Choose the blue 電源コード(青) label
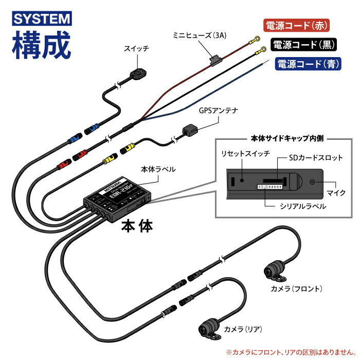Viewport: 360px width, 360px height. (308, 64)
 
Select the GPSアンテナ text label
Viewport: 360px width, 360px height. (218, 110)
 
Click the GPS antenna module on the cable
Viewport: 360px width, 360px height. (189, 130)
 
